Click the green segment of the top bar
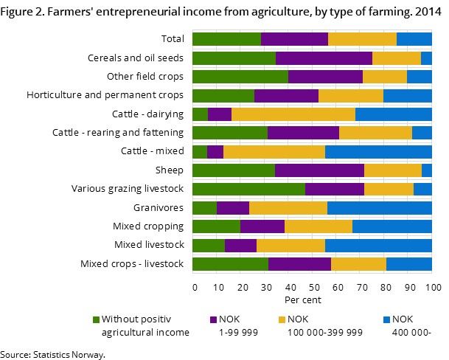pos(226,39)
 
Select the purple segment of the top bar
pos(294,39)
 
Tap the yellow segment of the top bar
pos(362,39)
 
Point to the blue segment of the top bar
pos(414,39)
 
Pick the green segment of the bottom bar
pos(230,264)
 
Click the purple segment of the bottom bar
pos(299,264)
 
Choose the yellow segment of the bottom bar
pos(358,264)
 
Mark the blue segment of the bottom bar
pos(408,264)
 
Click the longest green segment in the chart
pos(248,189)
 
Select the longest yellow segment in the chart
pos(293,114)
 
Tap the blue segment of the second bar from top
pos(426,58)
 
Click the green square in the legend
pos(96,319)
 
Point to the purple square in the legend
pos(214,319)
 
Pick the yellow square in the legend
pos(282,319)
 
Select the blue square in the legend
pos(386,319)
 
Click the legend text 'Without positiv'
pos(136,319)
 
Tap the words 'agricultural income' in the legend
pos(145,333)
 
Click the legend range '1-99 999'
pos(238,333)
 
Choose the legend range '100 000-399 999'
pos(324,333)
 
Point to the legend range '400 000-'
pos(410,333)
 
